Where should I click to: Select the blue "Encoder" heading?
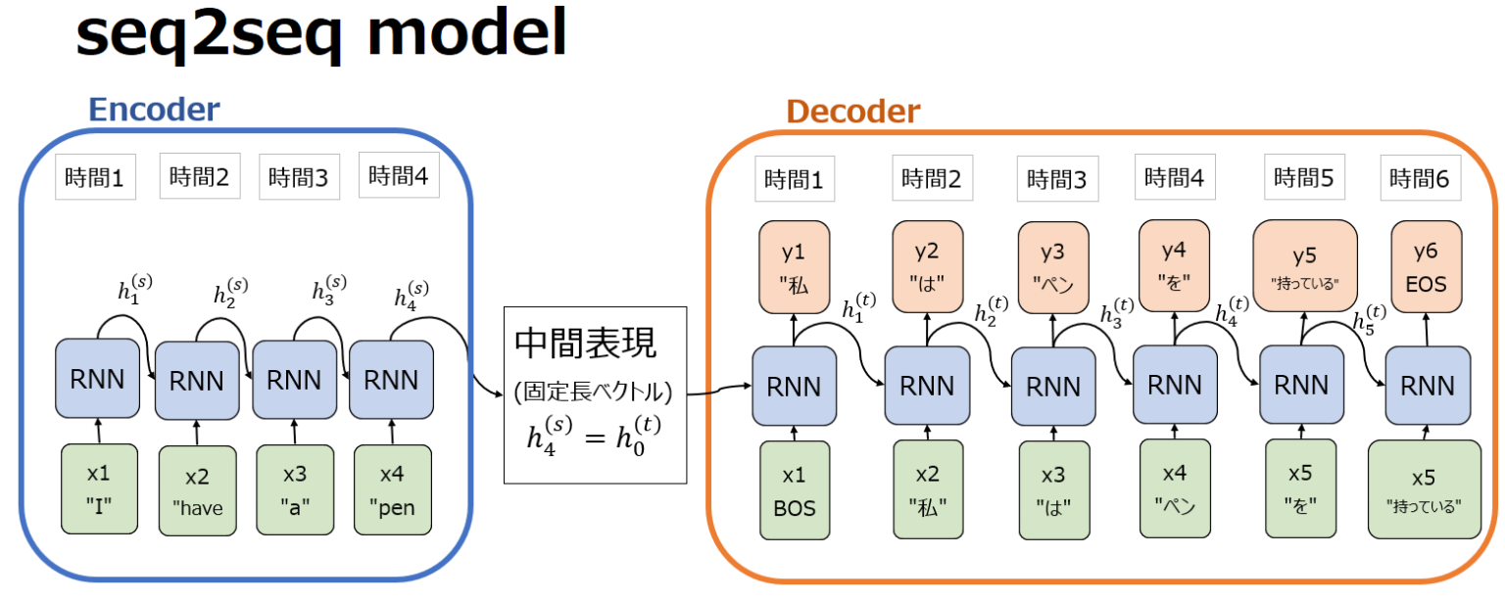154,110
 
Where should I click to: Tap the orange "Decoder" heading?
853,112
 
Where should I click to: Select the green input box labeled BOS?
794,489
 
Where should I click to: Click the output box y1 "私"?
794,266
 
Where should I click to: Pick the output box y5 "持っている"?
1304,266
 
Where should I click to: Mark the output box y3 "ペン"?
1051,266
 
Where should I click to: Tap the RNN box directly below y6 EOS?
1426,388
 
